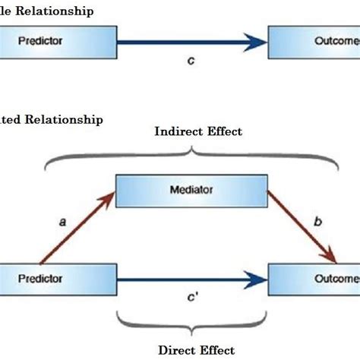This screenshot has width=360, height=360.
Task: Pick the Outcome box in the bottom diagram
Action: click(x=313, y=279)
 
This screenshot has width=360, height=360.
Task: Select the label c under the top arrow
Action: click(x=191, y=60)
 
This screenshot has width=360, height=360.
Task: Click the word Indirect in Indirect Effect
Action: click(x=175, y=131)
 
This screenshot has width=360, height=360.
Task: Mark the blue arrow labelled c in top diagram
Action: click(x=190, y=44)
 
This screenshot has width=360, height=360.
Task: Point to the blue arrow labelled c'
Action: click(x=190, y=279)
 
